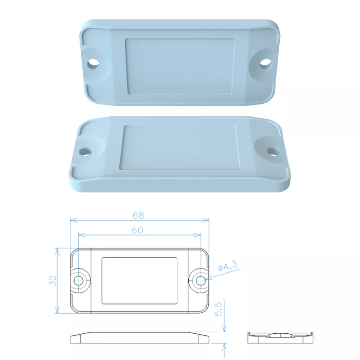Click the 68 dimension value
pos(138,215)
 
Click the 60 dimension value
pos(137,230)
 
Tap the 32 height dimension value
pos(52,280)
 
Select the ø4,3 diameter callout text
pos(227,266)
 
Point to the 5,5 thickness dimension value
pos(219,309)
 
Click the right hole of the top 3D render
pos(266,63)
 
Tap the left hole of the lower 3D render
pos(85,152)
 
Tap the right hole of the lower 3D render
pos(274,152)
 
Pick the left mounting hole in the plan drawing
pos(78,280)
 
